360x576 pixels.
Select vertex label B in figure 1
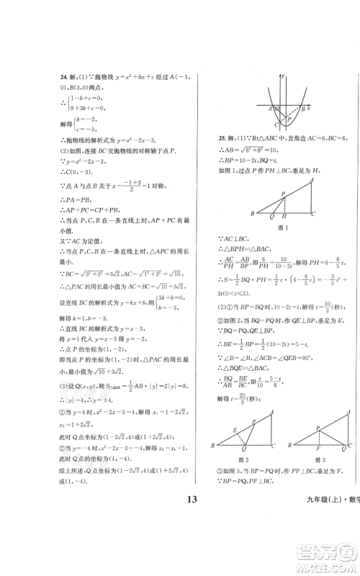coord(252,214)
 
